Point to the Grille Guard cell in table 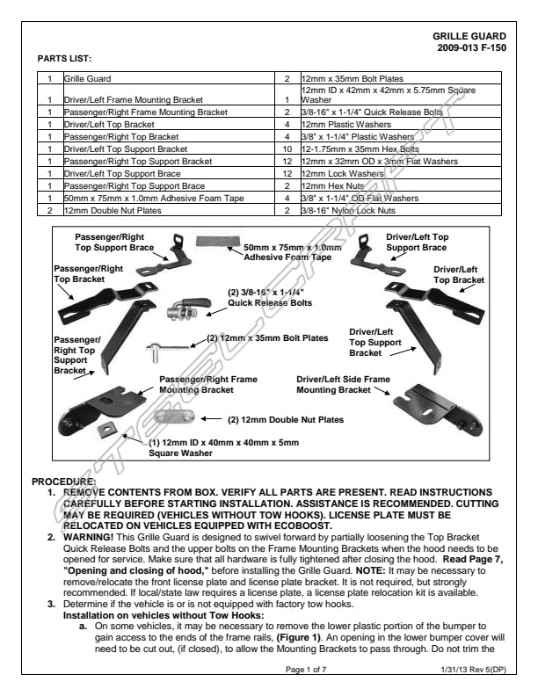86,78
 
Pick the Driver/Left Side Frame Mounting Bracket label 343,384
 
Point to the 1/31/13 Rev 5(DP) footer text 473,671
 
